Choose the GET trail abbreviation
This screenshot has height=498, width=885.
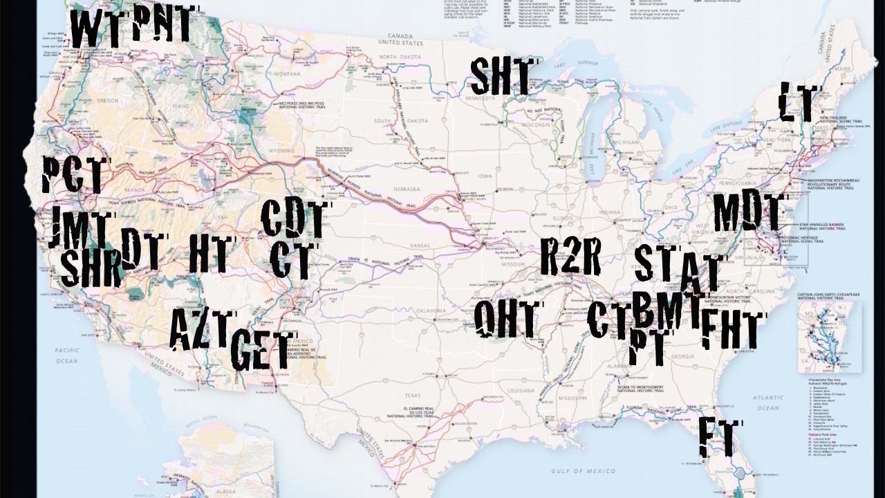[261, 350]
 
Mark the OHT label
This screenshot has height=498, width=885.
[505, 320]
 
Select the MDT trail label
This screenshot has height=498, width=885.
[749, 213]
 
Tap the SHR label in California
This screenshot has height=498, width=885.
[90, 268]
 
